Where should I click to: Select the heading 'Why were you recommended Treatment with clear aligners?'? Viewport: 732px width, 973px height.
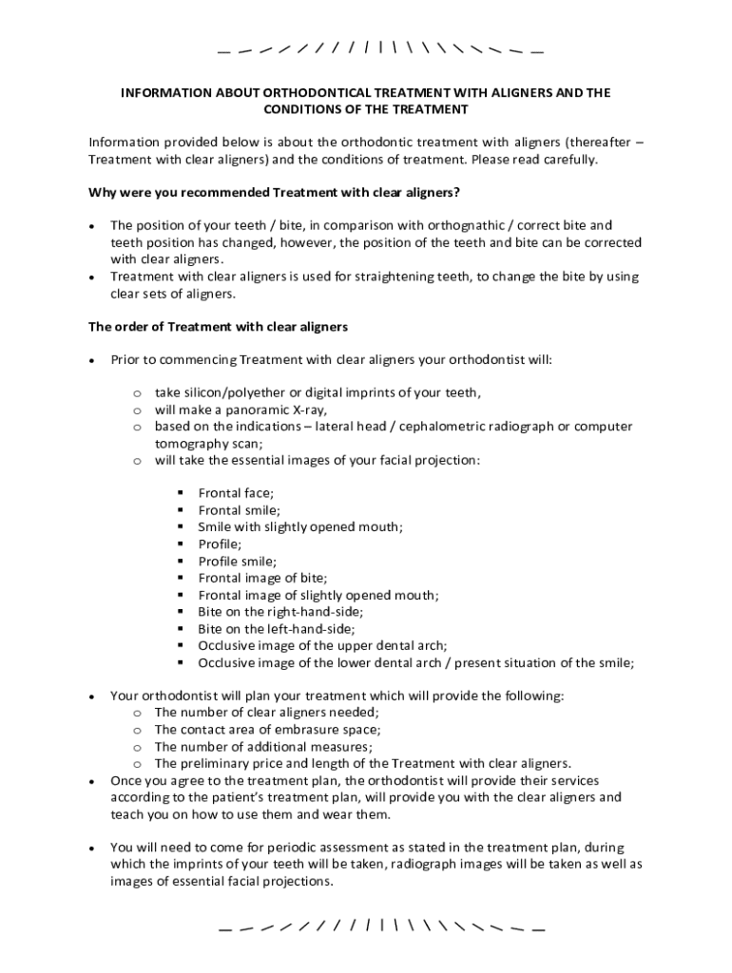[274, 193]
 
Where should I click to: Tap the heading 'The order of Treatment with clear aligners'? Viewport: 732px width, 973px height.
[218, 327]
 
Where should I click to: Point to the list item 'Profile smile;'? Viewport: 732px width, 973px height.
[238, 562]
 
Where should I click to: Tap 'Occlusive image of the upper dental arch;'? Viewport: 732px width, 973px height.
[322, 646]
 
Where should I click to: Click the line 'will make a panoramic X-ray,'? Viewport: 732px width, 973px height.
[241, 410]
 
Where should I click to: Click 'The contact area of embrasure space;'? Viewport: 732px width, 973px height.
[267, 730]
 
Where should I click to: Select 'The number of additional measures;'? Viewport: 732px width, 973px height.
[263, 747]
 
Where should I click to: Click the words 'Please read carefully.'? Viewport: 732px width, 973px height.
[535, 160]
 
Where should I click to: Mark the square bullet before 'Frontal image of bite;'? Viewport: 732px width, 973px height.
[180, 578]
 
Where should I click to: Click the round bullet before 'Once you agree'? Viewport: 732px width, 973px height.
[90, 782]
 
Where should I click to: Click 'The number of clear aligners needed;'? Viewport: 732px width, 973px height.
[267, 713]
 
